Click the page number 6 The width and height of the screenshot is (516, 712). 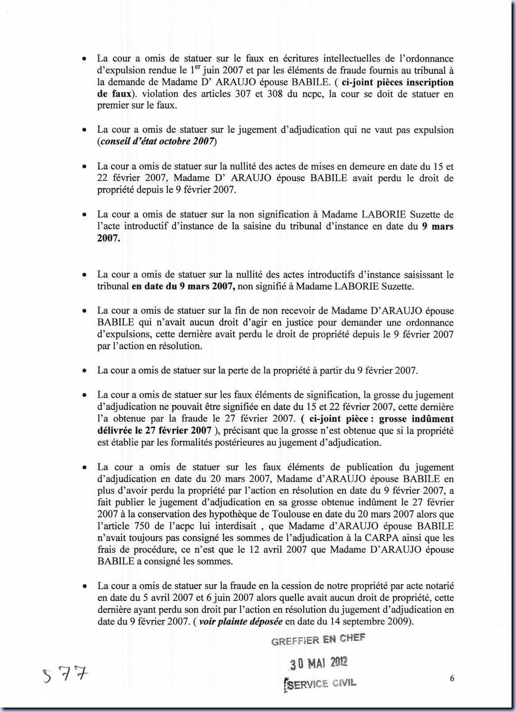[x=452, y=678]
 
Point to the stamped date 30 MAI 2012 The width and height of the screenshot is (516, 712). [x=319, y=663]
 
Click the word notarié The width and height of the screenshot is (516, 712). [x=437, y=586]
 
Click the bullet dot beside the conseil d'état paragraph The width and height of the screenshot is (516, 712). [x=84, y=130]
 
